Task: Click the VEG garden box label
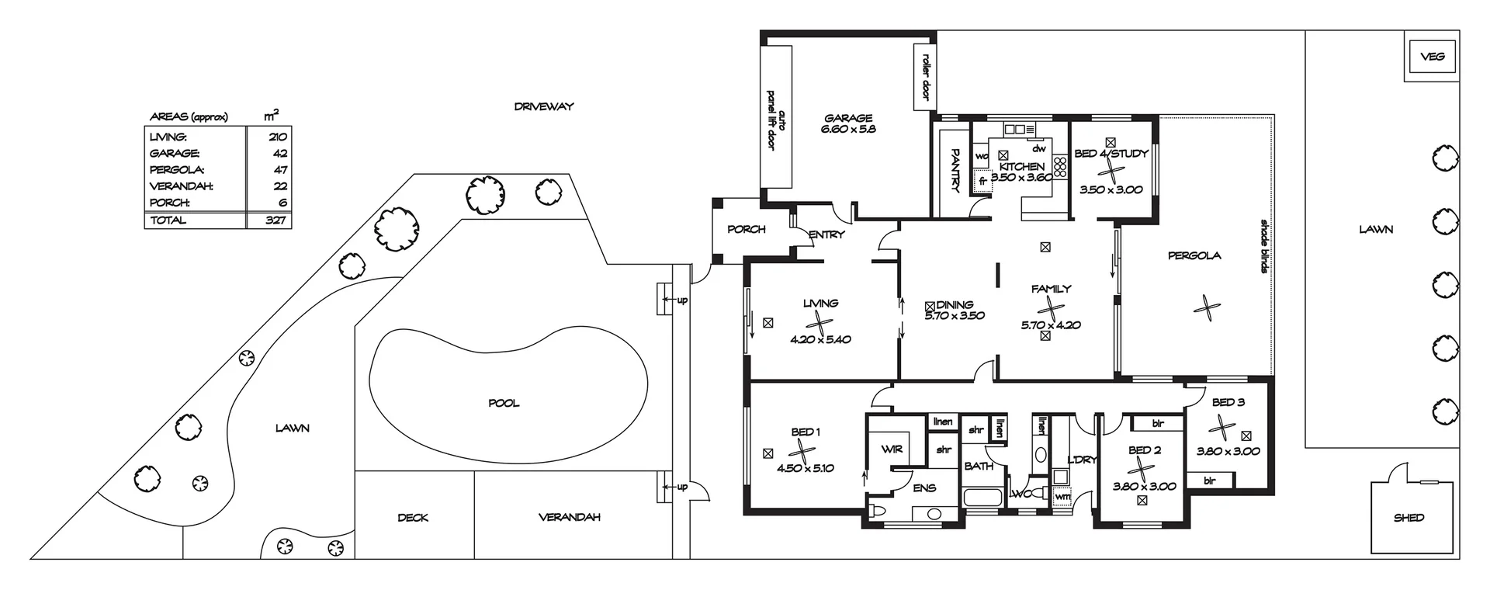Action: (1433, 57)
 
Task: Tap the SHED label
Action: (1409, 518)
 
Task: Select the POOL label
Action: (504, 403)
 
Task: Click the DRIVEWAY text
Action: (544, 106)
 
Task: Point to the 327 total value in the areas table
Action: (275, 220)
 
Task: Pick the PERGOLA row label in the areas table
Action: (177, 170)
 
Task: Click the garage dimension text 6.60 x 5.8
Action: (848, 130)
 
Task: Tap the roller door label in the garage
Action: (925, 76)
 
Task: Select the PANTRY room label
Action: (955, 170)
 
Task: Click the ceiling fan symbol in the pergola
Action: (1205, 308)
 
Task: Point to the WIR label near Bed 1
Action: (892, 449)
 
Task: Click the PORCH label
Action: (746, 230)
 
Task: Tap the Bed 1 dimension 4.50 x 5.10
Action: (805, 468)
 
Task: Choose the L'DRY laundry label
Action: (1082, 460)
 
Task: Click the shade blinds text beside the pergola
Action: (1263, 246)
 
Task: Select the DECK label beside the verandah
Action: (412, 518)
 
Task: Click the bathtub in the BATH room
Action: (983, 498)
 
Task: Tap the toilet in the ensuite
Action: (879, 510)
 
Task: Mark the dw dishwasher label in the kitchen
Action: (1038, 148)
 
